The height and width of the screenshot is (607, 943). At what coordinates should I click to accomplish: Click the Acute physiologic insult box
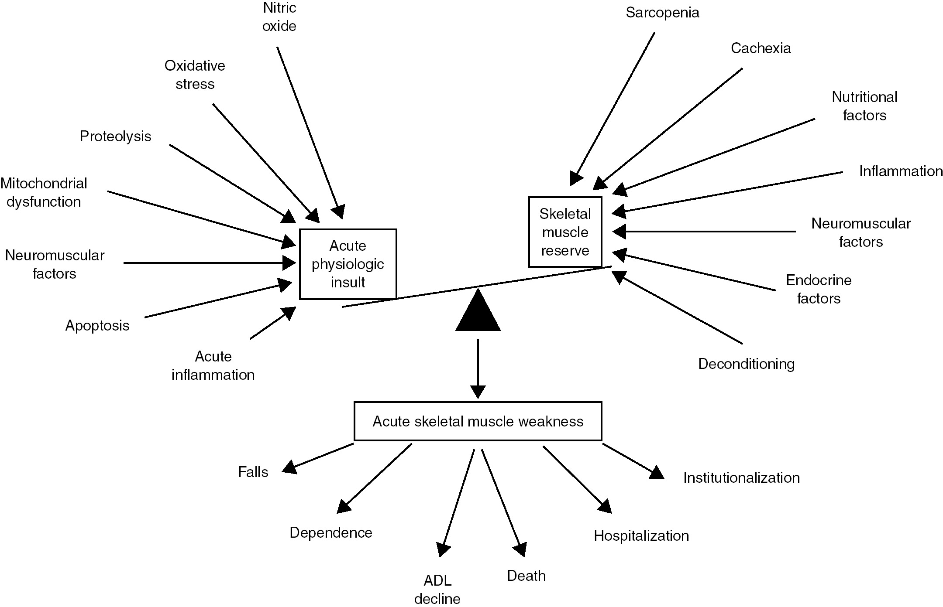[x=348, y=264]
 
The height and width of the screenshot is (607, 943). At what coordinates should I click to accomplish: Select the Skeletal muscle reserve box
[x=565, y=232]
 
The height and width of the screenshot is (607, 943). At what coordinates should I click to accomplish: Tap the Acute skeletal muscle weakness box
[x=478, y=421]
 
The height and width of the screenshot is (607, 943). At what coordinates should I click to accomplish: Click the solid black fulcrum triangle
[x=478, y=312]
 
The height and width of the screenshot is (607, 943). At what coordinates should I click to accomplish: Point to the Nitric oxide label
[x=279, y=17]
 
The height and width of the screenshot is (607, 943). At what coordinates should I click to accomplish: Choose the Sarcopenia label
[x=662, y=13]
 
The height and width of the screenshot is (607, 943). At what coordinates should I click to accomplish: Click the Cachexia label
[x=761, y=48]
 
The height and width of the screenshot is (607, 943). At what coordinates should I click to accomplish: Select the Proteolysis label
[x=115, y=136]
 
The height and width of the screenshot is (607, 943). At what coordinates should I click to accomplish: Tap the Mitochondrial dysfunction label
[x=44, y=192]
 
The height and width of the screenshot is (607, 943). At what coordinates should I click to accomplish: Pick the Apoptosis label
[x=97, y=326]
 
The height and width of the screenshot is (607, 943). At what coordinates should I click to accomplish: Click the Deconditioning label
[x=746, y=364]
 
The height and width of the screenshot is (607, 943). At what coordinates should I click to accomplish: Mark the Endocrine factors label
[x=819, y=289]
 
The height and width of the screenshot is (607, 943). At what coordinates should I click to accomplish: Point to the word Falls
[x=253, y=472]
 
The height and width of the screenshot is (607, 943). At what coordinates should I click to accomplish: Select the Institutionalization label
[x=741, y=478]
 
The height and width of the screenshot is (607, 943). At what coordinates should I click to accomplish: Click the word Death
[x=526, y=576]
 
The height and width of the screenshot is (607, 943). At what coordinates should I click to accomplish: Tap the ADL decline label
[x=437, y=590]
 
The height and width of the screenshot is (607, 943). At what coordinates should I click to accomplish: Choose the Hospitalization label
[x=641, y=536]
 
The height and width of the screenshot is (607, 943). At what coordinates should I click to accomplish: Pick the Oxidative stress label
[x=195, y=75]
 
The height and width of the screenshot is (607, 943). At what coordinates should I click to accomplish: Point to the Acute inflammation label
[x=213, y=365]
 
